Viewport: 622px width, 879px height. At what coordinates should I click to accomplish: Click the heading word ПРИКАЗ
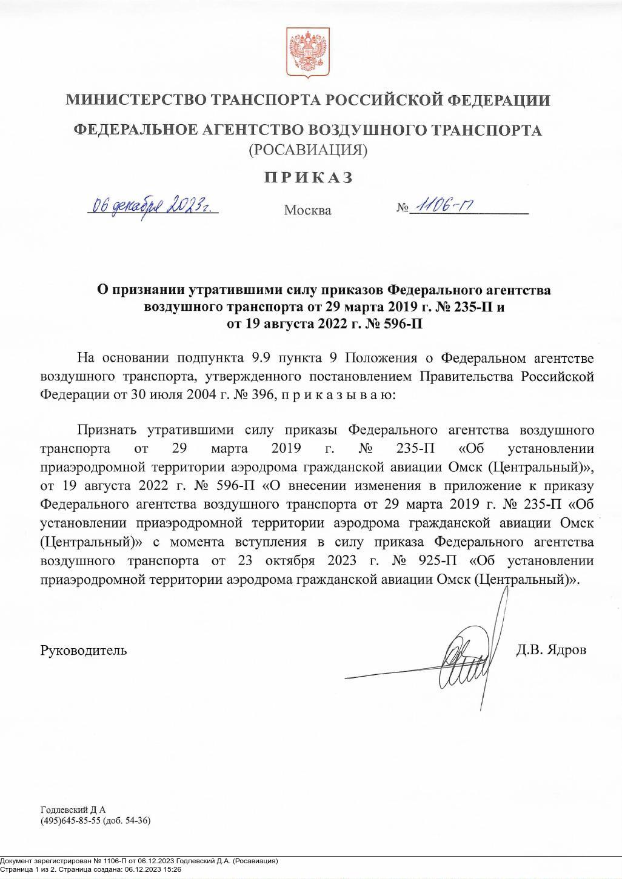coord(308,177)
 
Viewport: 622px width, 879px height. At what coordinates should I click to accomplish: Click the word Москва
coord(307,211)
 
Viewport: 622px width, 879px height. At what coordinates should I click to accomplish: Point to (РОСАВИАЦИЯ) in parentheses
coord(308,150)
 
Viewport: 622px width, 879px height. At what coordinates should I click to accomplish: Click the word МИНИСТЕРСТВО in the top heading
coord(135,100)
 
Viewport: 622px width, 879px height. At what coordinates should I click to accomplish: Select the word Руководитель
coord(84,651)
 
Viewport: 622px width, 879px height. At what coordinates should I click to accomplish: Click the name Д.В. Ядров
coord(551,650)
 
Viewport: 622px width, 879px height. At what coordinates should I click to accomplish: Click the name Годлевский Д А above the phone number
coord(73,809)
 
